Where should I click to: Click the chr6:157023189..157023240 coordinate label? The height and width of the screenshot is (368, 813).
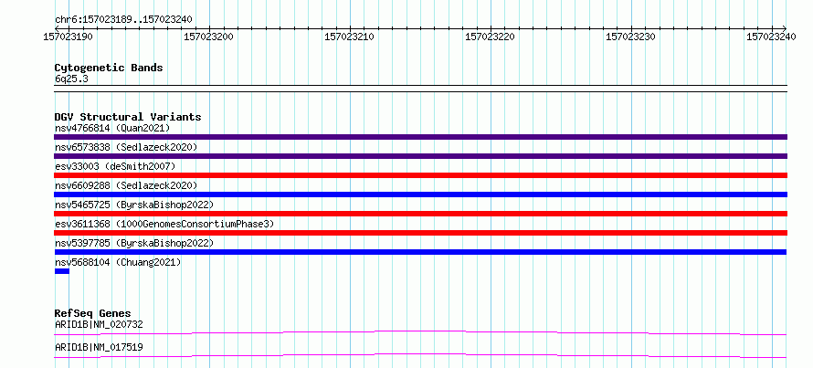[x=124, y=19]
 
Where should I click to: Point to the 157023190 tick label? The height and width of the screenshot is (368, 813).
[x=69, y=37]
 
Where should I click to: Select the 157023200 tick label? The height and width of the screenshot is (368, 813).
[x=209, y=37]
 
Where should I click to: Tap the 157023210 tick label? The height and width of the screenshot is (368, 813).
[x=350, y=37]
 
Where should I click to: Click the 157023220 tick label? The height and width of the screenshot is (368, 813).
[x=491, y=37]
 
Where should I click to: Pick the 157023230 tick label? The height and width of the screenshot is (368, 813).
[x=631, y=37]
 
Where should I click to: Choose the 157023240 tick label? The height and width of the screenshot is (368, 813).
[x=772, y=37]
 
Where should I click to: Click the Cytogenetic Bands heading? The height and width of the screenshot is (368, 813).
[x=109, y=68]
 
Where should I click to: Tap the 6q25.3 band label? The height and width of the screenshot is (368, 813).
[x=71, y=79]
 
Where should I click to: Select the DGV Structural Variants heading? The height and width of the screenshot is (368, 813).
[x=128, y=117]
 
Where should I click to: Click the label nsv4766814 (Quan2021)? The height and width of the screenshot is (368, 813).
[x=112, y=128]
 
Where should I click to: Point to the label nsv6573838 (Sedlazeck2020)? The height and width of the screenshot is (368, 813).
[x=126, y=147]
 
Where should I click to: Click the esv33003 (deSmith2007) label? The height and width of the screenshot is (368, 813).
[x=115, y=166]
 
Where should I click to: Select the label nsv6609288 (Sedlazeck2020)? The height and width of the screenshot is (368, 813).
[x=126, y=185]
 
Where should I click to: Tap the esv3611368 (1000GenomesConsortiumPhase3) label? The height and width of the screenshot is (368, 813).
[x=164, y=224]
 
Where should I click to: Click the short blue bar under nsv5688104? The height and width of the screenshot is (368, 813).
[x=62, y=271]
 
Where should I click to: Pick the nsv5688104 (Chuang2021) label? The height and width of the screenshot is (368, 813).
[x=118, y=262]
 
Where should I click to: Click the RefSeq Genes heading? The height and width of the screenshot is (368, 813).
[x=93, y=313]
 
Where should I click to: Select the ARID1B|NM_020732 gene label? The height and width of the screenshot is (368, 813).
[x=99, y=324]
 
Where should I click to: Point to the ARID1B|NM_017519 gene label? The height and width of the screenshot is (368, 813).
[x=99, y=347]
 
